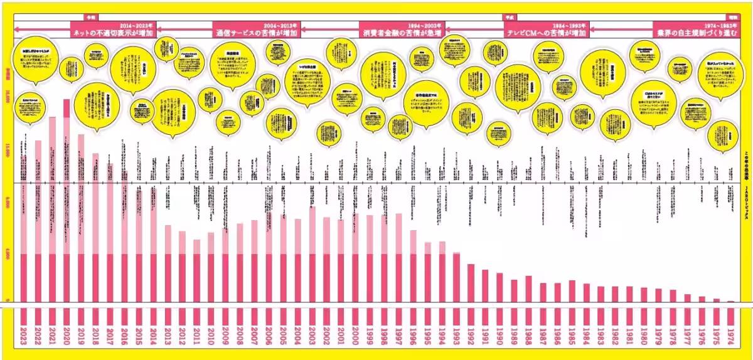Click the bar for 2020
[67, 201]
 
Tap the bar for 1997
[398, 257]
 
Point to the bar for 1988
[528, 289]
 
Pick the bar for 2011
[196, 270]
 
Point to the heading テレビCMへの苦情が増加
[546, 31]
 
